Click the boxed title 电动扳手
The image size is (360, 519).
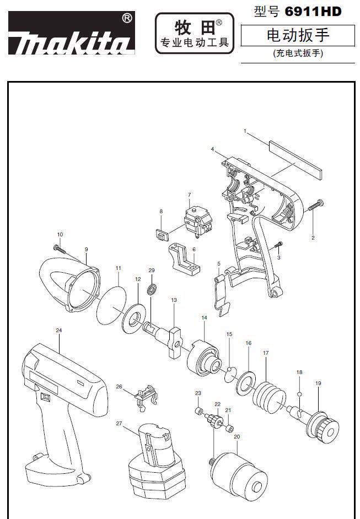298,36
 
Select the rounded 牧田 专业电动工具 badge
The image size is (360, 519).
194,34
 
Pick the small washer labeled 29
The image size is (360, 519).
151,289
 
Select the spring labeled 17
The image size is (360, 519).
270,393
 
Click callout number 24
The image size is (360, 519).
58,330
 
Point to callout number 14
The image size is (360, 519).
204,318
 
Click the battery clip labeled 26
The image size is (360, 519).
144,396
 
